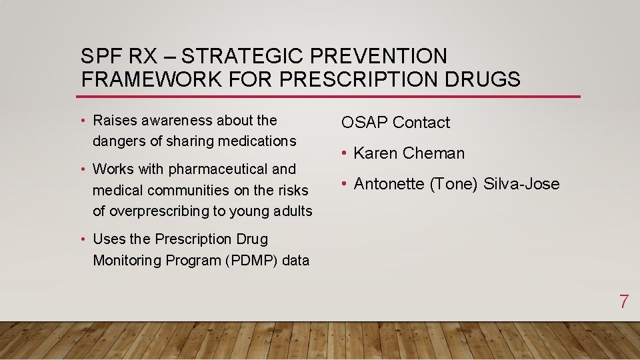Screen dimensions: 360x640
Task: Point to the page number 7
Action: [623, 301]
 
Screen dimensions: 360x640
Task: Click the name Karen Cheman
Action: [409, 153]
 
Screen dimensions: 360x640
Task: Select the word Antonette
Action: [389, 184]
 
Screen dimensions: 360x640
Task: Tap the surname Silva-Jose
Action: [521, 184]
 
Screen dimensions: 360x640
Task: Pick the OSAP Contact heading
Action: [395, 123]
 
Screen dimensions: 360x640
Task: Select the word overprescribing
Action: [156, 211]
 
